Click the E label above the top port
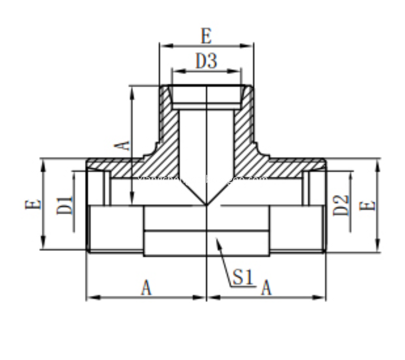pos(206,36)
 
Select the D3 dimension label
pos(206,61)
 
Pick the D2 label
pos(341,205)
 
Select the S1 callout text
pos(242,277)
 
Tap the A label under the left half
pos(146,288)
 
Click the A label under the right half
pos(266,288)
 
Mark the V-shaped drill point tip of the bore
pos(206,203)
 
